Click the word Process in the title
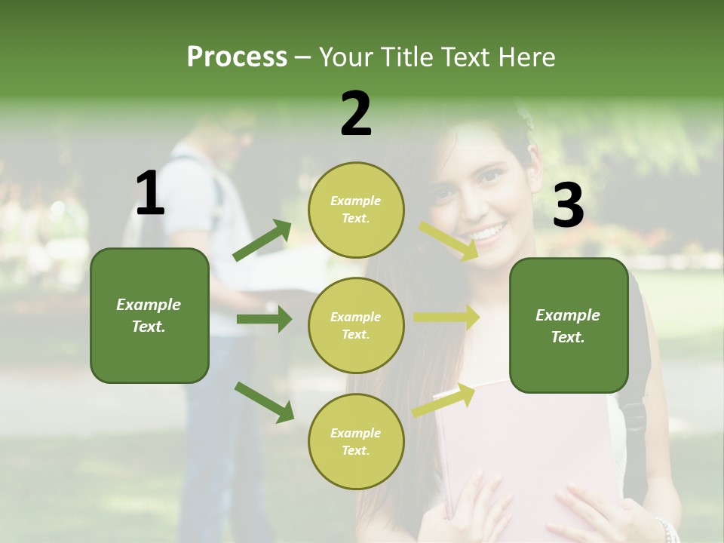[237, 57]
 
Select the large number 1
[150, 194]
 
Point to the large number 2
[356, 114]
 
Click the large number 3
[568, 206]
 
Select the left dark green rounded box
[149, 315]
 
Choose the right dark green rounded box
[569, 326]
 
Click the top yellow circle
[356, 210]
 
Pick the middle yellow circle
[356, 326]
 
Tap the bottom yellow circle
[356, 442]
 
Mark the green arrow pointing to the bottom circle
[264, 402]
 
